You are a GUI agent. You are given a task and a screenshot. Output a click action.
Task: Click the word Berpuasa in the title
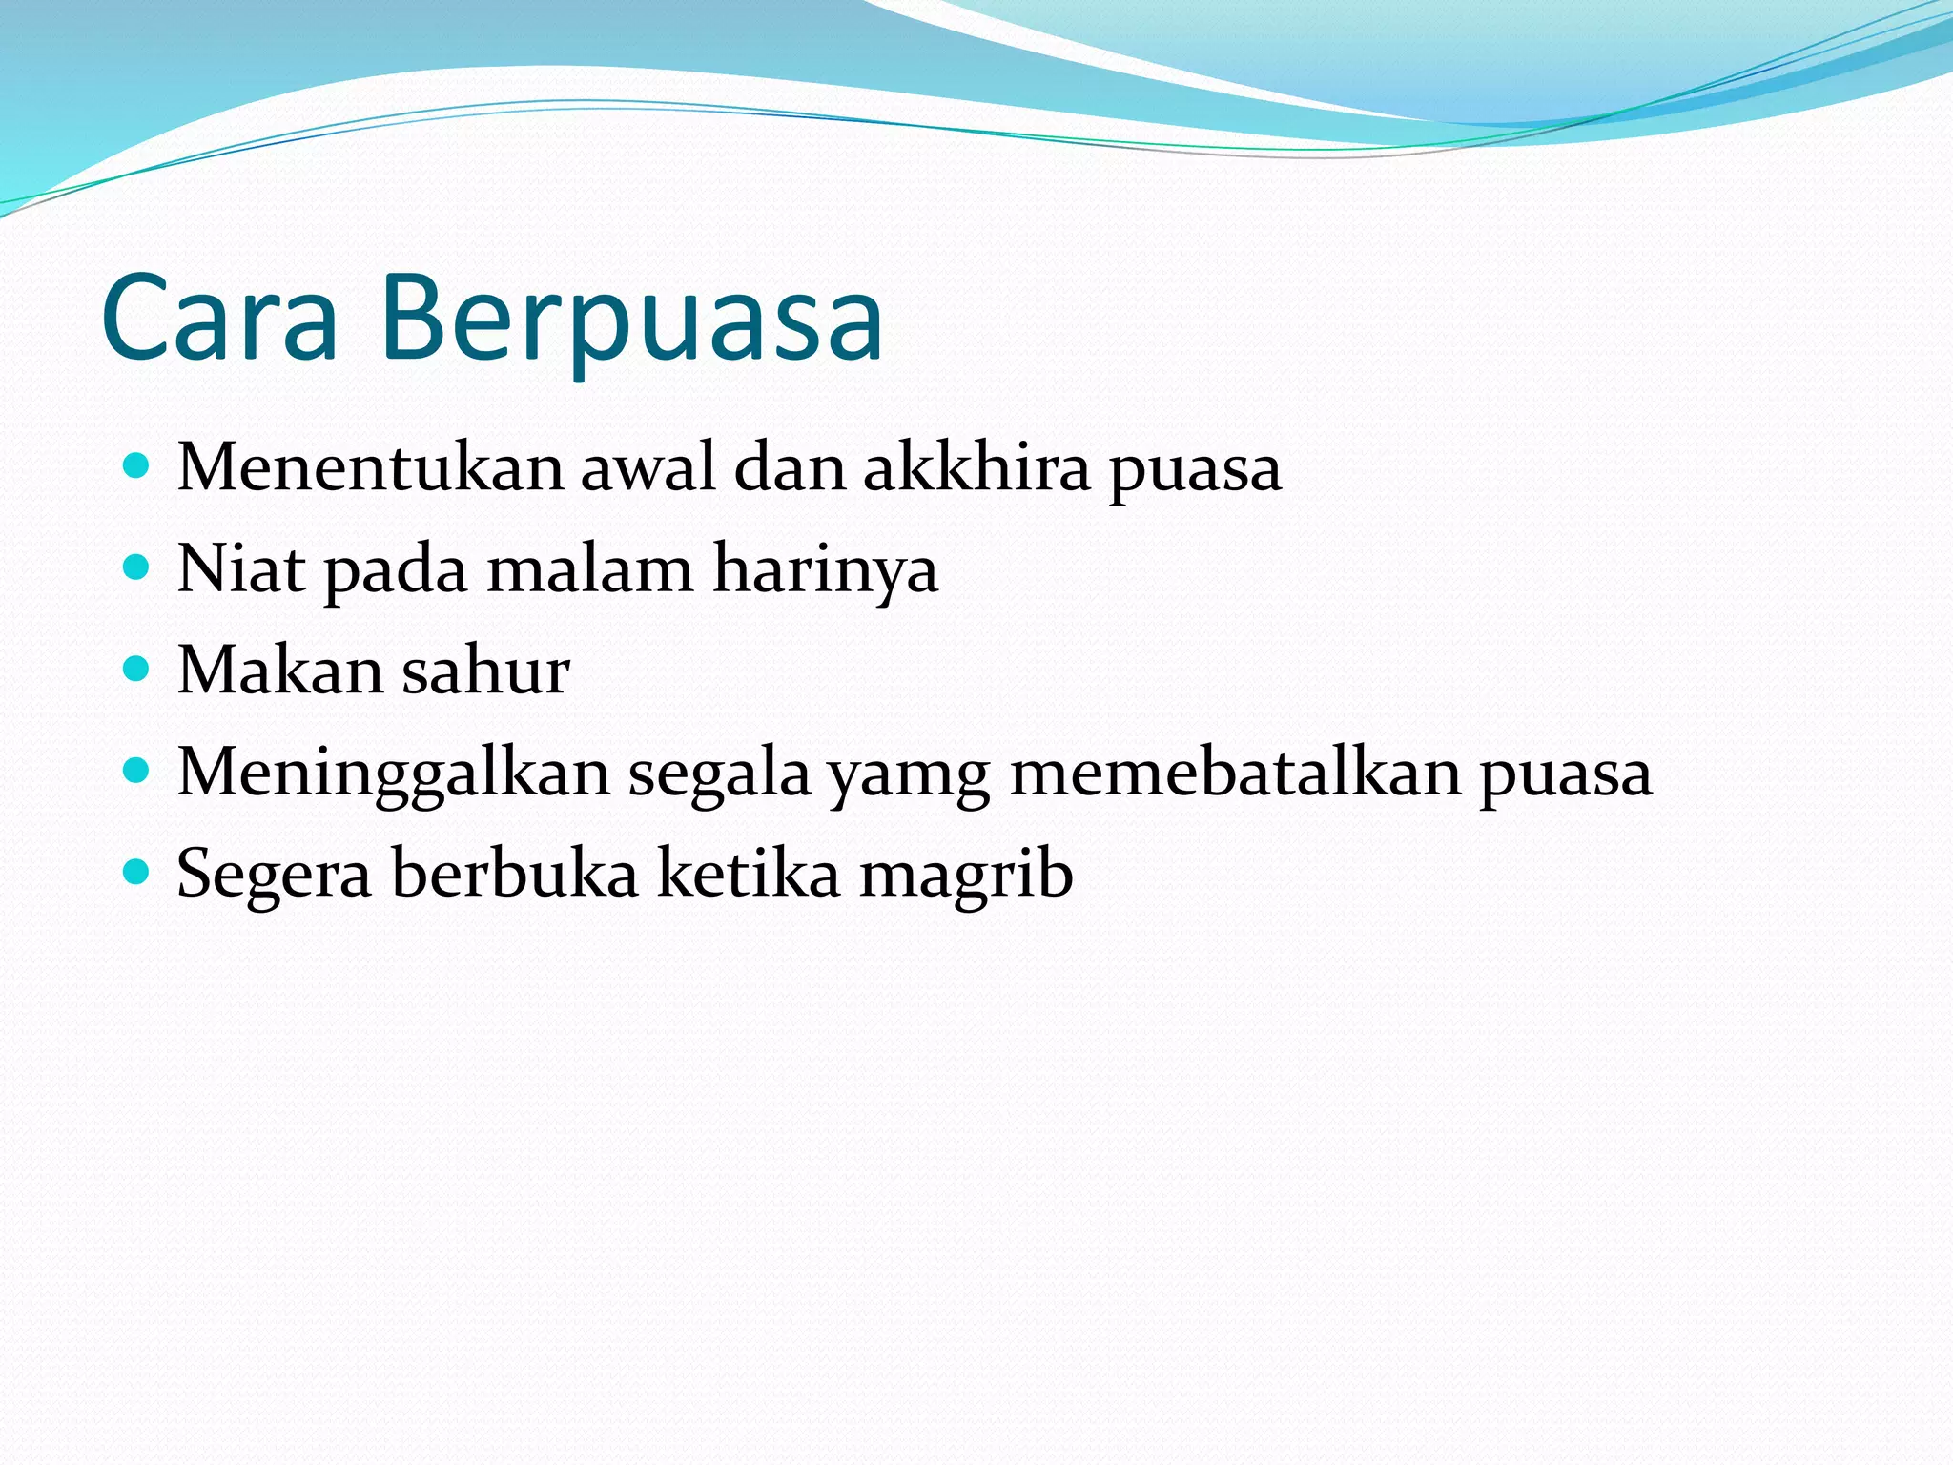[632, 320]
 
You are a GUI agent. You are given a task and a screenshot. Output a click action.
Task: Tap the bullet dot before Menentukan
[137, 466]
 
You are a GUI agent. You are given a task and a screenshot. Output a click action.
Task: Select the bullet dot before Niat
[137, 568]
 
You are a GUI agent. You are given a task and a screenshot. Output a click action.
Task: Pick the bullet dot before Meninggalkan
[137, 771]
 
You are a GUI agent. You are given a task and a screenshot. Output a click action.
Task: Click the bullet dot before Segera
[137, 872]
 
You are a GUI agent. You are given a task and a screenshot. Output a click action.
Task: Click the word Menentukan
[370, 468]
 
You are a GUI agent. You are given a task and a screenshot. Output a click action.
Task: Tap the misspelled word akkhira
[976, 468]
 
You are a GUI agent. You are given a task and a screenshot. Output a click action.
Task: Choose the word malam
[589, 569]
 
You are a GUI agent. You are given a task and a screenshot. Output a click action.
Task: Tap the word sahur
[485, 671]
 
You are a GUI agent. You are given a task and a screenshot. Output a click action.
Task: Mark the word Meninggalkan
[393, 774]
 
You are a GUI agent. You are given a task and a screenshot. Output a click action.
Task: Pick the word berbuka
[514, 874]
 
